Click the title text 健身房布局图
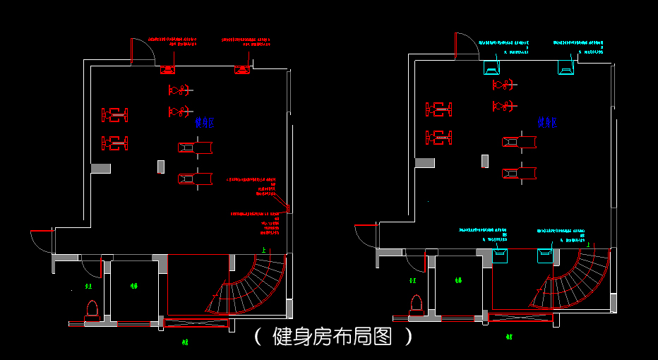coord(333,337)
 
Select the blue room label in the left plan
coord(205,124)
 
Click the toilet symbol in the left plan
coord(90,308)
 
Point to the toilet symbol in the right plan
coord(416,301)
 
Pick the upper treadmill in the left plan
coord(195,147)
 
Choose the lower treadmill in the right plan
coord(519,172)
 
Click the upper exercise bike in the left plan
coord(181,90)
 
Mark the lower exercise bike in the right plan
coord(504,106)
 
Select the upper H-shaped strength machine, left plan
coord(115,114)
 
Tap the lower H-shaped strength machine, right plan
coord(438,137)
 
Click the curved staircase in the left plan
coord(251,286)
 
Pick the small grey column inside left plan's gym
coord(161,167)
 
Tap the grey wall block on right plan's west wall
coord(424,162)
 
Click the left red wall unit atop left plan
coord(168,69)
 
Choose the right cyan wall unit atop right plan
coord(567,68)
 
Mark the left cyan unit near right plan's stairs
coord(500,255)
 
